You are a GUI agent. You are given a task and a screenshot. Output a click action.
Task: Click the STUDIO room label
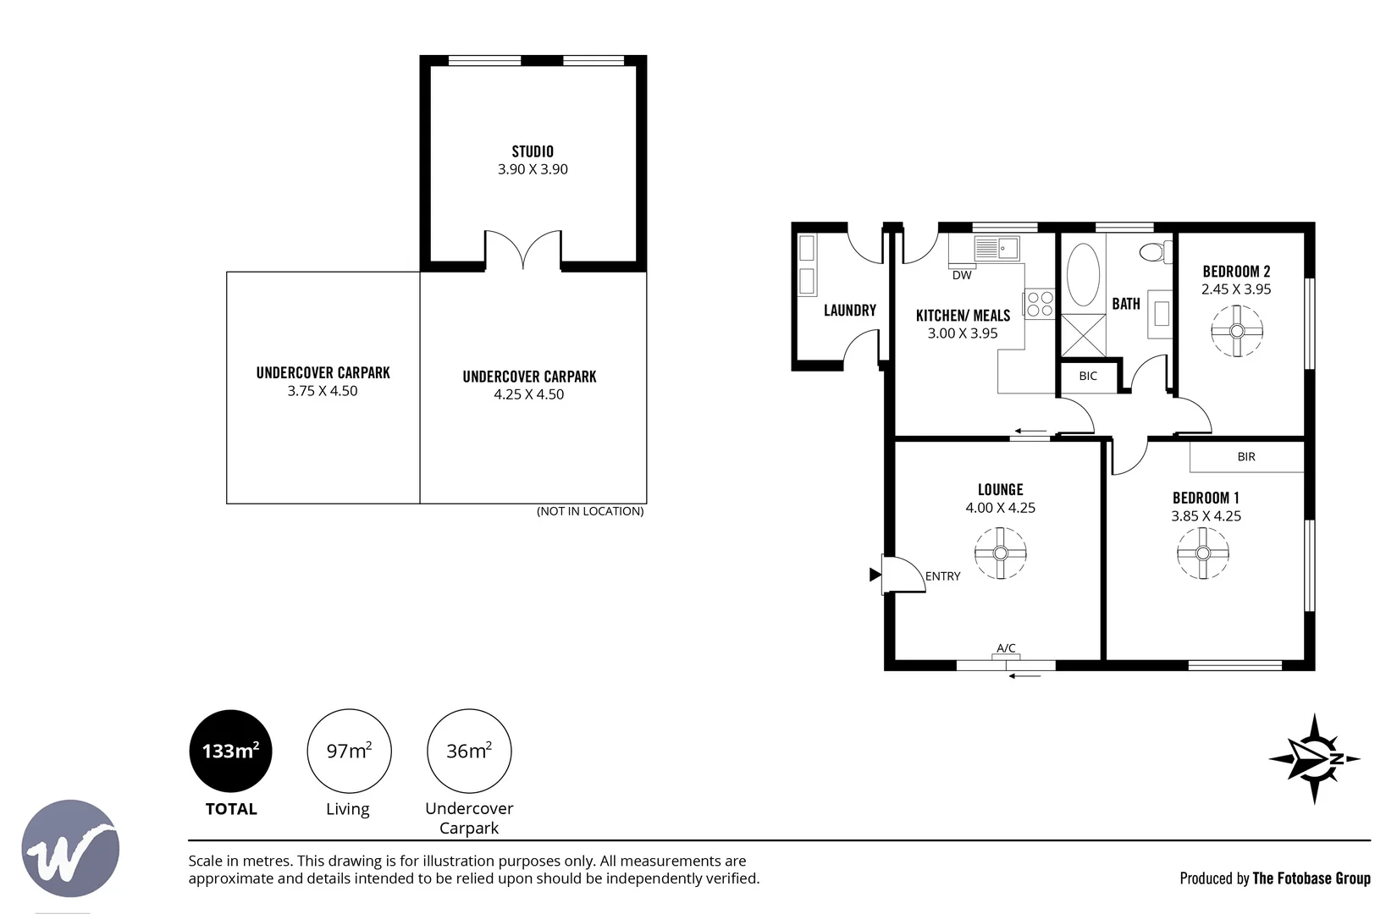(533, 151)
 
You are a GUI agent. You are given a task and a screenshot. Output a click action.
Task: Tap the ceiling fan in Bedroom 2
(1237, 331)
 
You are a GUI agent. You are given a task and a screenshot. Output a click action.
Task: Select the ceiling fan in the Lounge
(1001, 553)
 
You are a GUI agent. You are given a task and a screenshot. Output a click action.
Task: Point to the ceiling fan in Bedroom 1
(1203, 553)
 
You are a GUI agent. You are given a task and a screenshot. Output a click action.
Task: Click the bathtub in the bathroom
(1083, 275)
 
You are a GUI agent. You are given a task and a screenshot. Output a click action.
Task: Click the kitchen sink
(997, 248)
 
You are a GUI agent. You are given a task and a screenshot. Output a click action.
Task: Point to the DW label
(962, 275)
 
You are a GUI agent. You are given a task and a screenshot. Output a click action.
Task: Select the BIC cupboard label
(1088, 376)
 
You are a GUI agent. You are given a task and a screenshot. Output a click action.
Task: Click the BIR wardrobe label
(1246, 456)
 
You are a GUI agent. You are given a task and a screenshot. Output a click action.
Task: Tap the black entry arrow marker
(875, 574)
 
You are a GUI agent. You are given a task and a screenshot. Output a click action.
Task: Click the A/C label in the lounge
(1006, 647)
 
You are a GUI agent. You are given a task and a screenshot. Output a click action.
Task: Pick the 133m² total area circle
(231, 751)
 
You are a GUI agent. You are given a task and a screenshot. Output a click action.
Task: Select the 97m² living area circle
(349, 751)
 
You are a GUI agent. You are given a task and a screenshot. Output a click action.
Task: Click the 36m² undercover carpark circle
(469, 751)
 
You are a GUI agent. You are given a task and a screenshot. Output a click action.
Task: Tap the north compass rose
(1315, 759)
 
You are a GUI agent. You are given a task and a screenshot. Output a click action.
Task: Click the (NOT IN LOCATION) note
(590, 511)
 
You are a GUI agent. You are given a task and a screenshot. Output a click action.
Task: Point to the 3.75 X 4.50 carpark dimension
(323, 391)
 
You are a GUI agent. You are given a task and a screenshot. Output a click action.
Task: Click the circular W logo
(70, 849)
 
